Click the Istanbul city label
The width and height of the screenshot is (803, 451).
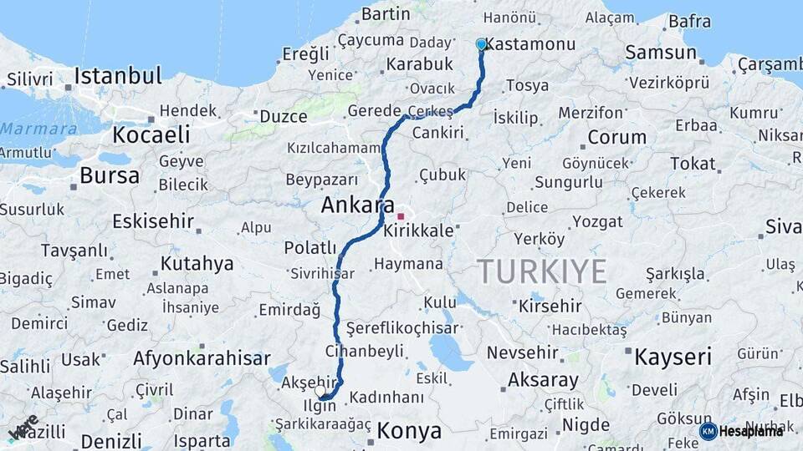click(117, 76)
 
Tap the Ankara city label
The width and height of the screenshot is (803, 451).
click(359, 205)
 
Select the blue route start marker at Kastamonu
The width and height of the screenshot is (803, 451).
click(481, 43)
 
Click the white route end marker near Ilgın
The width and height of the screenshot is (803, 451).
click(320, 390)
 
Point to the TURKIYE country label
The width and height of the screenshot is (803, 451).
click(541, 271)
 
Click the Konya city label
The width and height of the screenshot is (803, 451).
click(409, 431)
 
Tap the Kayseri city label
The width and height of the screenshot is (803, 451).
click(673, 357)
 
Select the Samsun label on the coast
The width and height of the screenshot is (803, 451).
click(661, 53)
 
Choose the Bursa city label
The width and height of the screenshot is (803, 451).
click(110, 175)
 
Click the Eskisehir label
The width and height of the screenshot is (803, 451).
click(153, 223)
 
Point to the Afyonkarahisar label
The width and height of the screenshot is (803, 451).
click(202, 359)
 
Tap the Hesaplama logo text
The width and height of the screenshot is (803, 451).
click(751, 431)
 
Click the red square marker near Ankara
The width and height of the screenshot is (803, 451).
click(401, 216)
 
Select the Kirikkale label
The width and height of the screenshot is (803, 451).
click(418, 231)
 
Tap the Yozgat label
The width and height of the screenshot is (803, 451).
click(598, 222)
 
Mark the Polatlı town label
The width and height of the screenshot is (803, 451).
click(309, 248)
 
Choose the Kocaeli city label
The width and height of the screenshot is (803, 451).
click(151, 134)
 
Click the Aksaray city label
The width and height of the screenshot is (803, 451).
click(543, 381)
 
